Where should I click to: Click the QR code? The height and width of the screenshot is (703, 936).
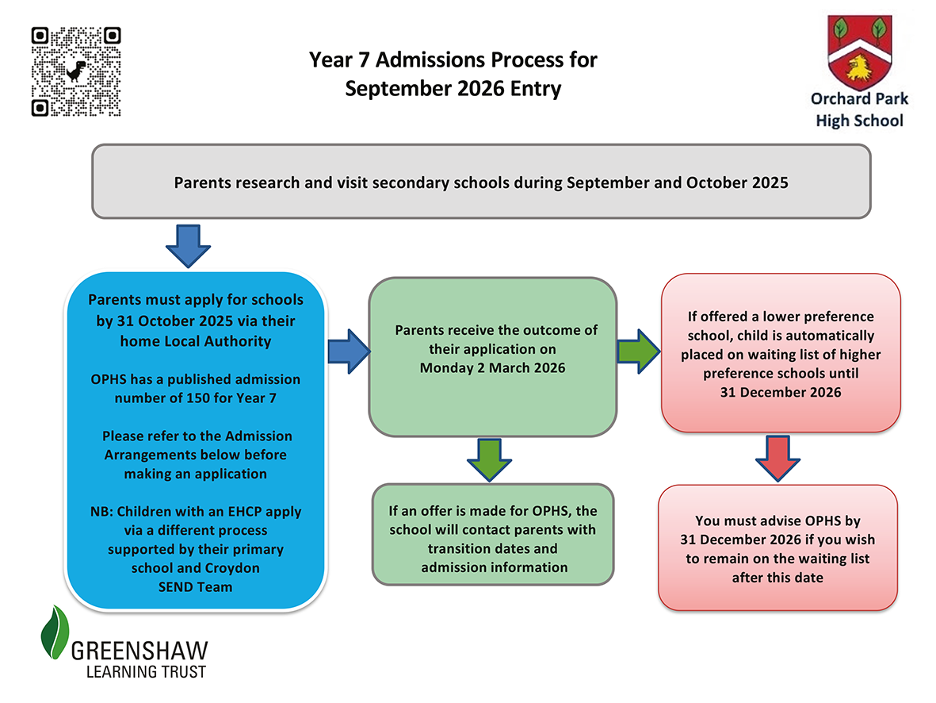click(x=76, y=71)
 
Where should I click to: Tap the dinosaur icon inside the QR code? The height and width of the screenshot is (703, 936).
click(x=76, y=71)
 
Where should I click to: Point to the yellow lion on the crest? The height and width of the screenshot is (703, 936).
click(x=859, y=67)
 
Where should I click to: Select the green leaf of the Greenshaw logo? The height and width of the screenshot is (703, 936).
click(x=55, y=632)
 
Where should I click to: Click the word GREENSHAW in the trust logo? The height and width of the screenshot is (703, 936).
click(x=139, y=651)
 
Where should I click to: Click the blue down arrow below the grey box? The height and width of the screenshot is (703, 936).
click(x=188, y=246)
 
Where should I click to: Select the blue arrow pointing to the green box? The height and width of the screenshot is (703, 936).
click(x=350, y=351)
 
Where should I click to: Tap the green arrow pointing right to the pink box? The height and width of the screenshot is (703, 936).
click(x=639, y=351)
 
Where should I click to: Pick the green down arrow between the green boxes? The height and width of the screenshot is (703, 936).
click(x=490, y=459)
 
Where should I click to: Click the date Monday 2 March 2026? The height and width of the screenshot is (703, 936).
click(x=492, y=367)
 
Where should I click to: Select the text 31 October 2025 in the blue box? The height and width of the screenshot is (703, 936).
click(x=175, y=321)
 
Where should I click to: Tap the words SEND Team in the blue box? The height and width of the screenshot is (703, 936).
click(x=195, y=587)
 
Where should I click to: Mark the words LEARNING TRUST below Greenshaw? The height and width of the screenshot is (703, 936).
click(x=147, y=672)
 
